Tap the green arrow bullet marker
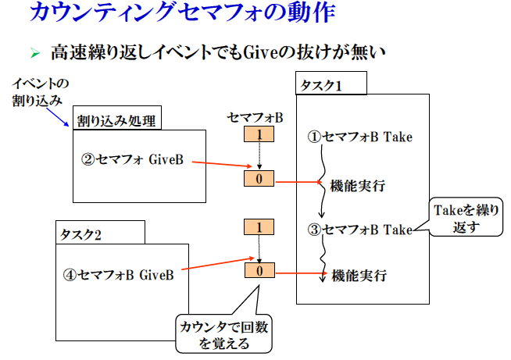(x=34, y=54)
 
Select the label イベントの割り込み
(x=39, y=91)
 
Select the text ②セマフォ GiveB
(x=133, y=159)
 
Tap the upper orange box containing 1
(x=259, y=134)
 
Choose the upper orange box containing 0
(x=259, y=180)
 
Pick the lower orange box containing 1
(x=259, y=227)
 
